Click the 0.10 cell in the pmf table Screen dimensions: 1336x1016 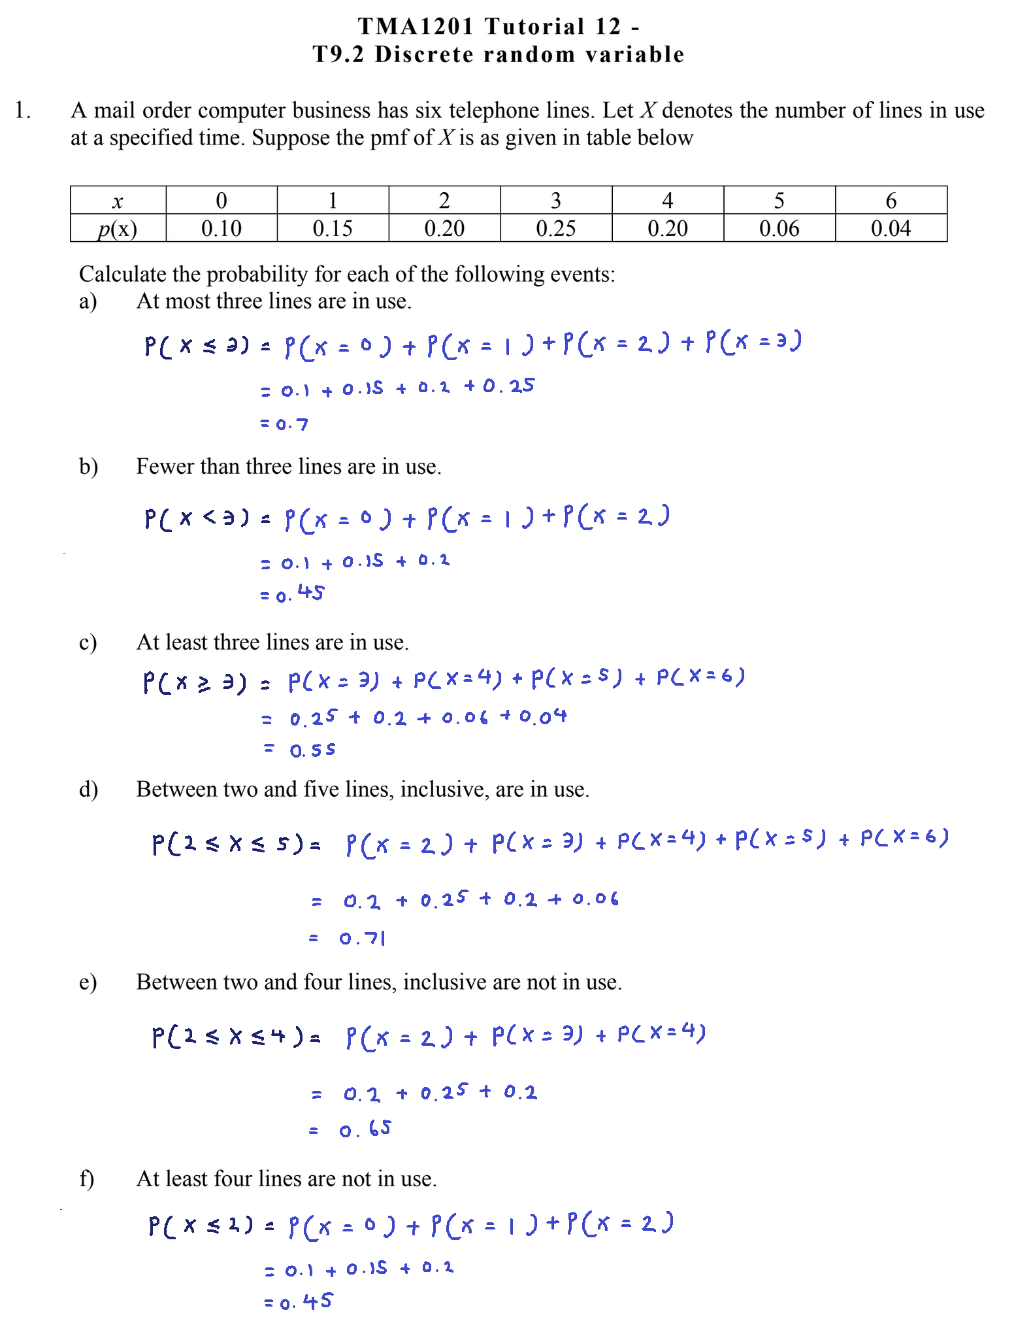[221, 228]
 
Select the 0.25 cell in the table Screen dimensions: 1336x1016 [556, 228]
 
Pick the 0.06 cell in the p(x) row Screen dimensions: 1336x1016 [779, 228]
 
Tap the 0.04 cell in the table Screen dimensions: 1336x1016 [891, 228]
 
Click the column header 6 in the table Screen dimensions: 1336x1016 [891, 200]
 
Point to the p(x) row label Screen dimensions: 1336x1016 [118, 229]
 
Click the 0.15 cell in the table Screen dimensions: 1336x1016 [333, 228]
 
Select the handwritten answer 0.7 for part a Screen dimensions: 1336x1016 [291, 424]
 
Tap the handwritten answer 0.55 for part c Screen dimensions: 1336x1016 [312, 750]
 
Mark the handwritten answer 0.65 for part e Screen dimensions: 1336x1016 [365, 1129]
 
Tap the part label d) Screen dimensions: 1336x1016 [88, 790]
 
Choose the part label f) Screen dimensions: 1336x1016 [87, 1178]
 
